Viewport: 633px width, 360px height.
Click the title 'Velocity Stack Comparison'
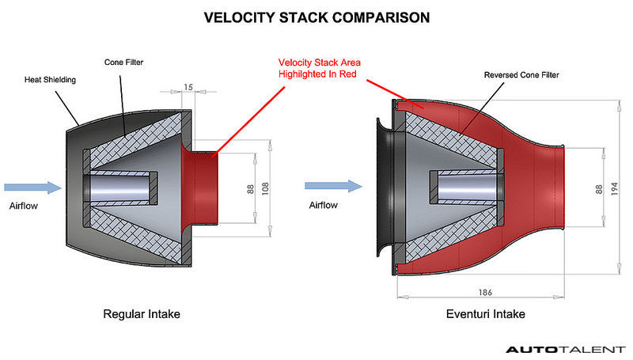tap(316, 17)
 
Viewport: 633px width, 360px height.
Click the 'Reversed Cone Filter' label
tap(521, 75)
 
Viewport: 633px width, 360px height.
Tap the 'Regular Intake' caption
tap(142, 314)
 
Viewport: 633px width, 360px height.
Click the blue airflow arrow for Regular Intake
tap(32, 188)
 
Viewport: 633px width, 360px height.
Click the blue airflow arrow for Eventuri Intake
tap(333, 188)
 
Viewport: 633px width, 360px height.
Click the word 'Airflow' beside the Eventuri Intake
tap(322, 205)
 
